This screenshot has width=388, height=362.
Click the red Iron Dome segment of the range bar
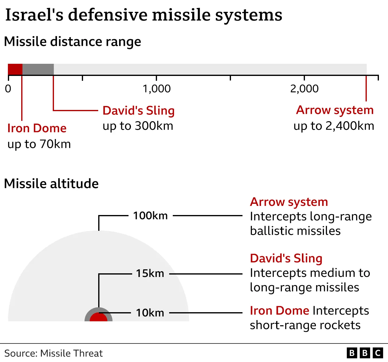click(15, 70)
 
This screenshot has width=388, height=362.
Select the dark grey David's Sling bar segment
click(38, 70)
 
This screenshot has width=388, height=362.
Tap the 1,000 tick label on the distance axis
click(156, 89)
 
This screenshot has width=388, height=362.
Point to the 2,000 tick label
click(304, 89)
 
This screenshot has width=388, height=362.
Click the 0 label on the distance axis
click(8, 89)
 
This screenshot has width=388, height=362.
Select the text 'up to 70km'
click(39, 144)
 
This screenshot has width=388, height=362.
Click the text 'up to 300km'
click(138, 126)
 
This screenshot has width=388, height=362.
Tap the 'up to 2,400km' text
click(334, 126)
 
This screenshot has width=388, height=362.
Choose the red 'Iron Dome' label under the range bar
click(37, 128)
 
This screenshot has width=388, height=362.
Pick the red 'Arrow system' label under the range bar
click(335, 110)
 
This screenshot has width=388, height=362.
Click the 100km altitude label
click(150, 216)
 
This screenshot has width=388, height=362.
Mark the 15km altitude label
click(150, 273)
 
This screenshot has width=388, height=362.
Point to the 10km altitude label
click(150, 313)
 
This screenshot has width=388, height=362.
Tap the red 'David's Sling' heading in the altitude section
click(286, 258)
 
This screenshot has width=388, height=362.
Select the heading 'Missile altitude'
click(51, 184)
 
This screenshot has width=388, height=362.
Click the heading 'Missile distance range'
click(72, 42)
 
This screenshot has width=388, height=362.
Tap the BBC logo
click(365, 353)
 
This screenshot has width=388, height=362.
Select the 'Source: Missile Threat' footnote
click(53, 353)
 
